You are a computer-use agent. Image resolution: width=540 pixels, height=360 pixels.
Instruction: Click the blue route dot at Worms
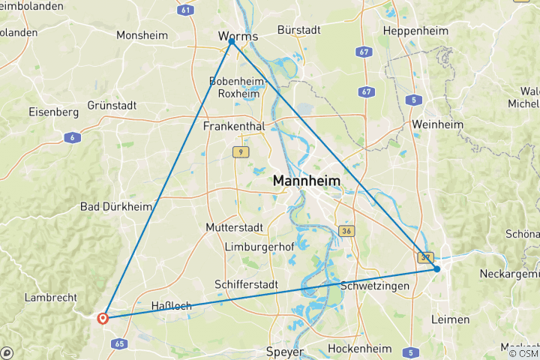tap(232, 42)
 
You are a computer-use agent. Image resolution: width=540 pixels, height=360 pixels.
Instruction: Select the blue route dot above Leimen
tap(437, 268)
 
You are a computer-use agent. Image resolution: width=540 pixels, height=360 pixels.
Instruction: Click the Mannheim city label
tap(306, 181)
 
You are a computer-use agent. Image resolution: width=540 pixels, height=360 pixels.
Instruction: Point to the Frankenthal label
tap(234, 126)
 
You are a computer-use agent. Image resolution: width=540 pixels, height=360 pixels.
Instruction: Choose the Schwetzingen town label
tap(374, 286)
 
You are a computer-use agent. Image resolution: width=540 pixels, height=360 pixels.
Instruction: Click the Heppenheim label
tap(415, 31)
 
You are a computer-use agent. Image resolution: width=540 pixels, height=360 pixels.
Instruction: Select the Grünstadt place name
tap(112, 106)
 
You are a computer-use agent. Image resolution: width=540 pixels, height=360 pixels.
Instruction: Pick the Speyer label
tap(285, 351)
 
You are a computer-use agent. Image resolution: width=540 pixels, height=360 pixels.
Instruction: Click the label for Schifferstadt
tap(246, 285)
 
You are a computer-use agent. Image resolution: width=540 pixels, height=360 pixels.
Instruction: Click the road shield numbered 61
tap(186, 10)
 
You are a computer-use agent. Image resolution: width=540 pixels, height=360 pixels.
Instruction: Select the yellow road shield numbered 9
tap(239, 151)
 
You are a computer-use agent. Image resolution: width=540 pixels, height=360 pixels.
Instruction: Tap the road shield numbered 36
tap(346, 231)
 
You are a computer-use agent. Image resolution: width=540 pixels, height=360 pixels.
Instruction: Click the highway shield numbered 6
tap(72, 136)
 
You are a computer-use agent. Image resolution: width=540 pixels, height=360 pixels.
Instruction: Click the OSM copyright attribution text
tap(523, 353)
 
